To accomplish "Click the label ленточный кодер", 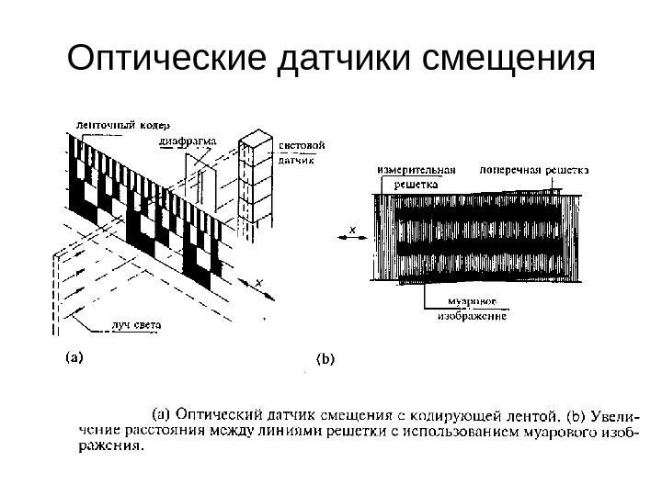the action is point(114,123).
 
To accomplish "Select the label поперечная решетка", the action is point(534,171).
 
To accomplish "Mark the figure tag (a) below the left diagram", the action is point(74,357).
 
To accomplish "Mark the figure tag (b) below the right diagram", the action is point(326,360).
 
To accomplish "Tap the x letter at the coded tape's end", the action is point(259,282).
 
